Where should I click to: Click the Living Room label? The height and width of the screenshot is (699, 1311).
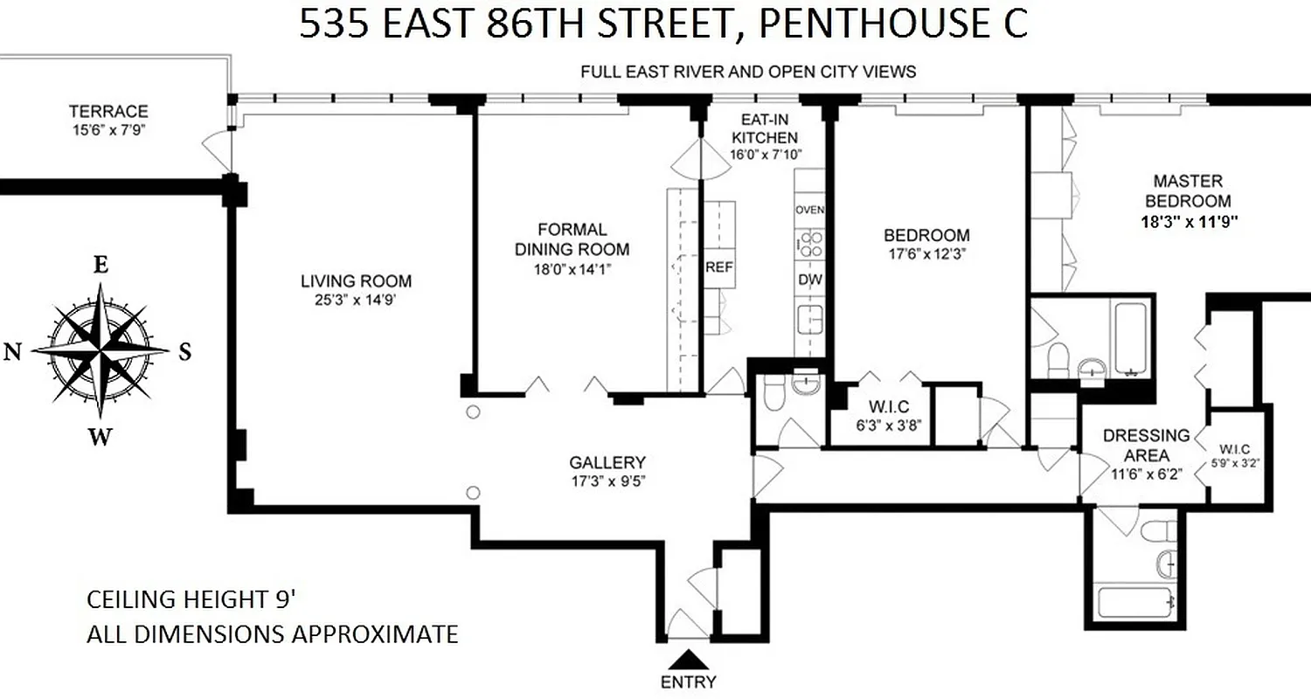click(356, 281)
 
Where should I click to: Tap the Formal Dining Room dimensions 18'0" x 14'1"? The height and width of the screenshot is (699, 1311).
click(572, 270)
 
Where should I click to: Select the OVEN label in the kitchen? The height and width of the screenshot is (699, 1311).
click(810, 211)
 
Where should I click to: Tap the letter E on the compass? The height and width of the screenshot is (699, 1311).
click(101, 267)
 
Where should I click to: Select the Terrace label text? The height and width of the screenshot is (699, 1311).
click(108, 112)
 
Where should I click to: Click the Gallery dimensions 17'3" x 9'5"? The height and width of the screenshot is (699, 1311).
click(607, 481)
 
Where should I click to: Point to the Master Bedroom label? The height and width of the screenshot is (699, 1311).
click(1187, 190)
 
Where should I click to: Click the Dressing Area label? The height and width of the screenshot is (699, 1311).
click(1146, 445)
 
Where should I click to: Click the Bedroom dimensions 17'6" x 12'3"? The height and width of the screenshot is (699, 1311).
click(926, 254)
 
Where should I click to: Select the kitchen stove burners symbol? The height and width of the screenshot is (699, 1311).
click(809, 243)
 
